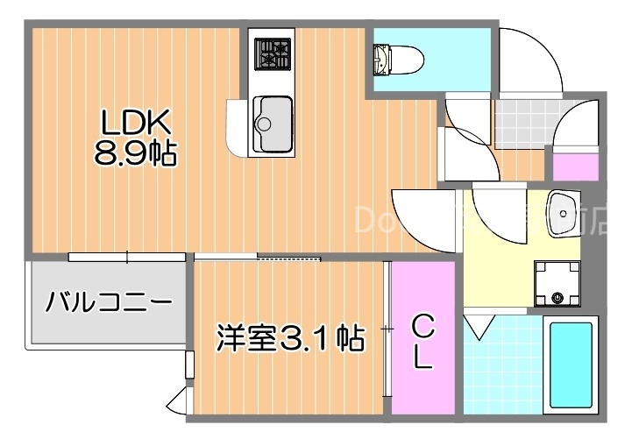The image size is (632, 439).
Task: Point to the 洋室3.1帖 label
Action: coord(290,336)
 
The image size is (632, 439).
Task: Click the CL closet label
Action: coord(423,342)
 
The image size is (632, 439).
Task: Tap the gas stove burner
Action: coord(271,53)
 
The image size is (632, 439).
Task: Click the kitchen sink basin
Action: coord(273,117)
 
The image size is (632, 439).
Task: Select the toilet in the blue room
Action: coord(399,60)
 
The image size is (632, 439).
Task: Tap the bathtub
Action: coord(571,365)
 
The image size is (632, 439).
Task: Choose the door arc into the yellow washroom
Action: coord(419,219)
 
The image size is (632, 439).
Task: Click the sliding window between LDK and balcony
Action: coord(127,257)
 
